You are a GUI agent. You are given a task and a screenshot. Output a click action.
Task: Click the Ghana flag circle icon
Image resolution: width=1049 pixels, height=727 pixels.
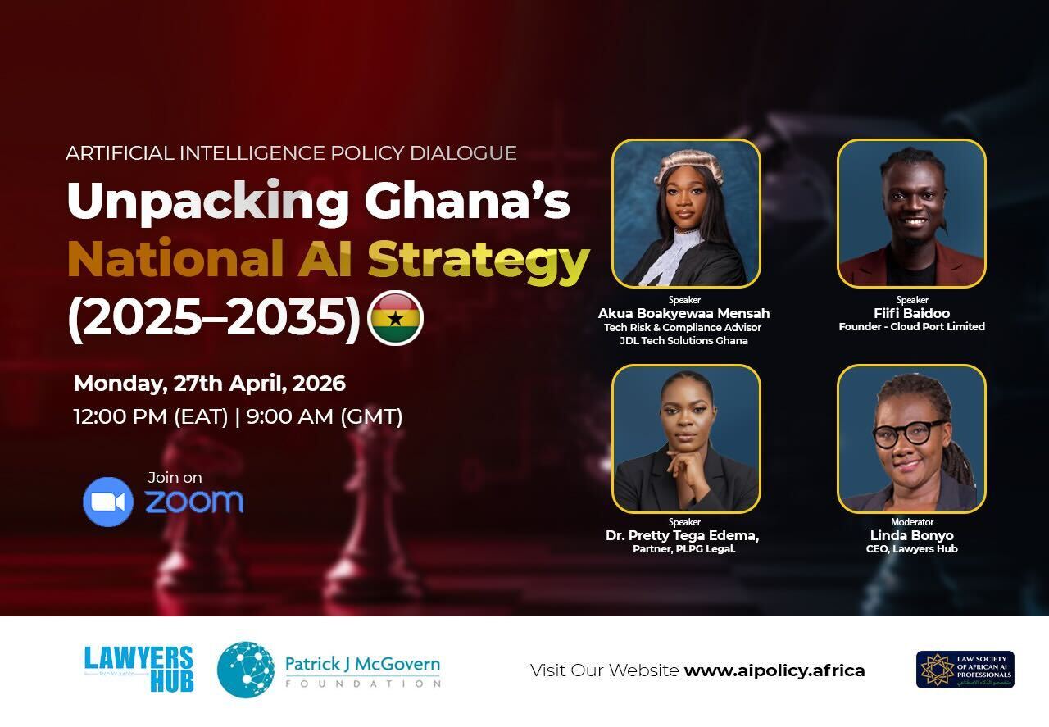pos(396,318)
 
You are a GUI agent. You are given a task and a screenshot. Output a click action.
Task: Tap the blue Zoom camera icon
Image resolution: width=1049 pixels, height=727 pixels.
pos(108,502)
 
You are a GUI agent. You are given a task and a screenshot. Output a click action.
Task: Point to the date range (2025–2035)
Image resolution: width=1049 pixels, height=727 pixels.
pos(214,318)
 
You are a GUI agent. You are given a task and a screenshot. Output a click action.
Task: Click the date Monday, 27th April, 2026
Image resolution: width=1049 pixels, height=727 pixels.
pos(210,383)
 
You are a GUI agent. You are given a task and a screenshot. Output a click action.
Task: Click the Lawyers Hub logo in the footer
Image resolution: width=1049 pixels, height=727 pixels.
pos(139,669)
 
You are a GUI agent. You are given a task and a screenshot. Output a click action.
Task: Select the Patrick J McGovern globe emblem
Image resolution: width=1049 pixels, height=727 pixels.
pos(246,670)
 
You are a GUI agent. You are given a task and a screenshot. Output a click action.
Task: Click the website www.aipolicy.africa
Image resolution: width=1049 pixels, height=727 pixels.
pos(774,670)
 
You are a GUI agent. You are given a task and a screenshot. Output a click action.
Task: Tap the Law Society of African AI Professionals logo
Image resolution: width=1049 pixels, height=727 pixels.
pos(965,670)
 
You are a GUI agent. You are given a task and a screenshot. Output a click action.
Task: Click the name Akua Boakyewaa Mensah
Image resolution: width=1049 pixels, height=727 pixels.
pos(683,313)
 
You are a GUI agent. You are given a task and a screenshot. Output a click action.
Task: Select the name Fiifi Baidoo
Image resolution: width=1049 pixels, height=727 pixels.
pos(911,313)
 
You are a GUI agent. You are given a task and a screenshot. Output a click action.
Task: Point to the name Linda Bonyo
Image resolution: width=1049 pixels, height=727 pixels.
pos(911,535)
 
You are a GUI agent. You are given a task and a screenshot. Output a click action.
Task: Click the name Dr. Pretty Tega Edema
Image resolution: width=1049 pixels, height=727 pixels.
pos(682,535)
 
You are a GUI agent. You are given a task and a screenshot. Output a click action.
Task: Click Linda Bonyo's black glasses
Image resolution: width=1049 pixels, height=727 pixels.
pos(909,432)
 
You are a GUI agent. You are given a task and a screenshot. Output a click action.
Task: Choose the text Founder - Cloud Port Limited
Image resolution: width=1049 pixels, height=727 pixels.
pos(911,326)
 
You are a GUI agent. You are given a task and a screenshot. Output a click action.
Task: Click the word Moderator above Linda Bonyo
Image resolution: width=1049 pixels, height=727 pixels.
pos(911,522)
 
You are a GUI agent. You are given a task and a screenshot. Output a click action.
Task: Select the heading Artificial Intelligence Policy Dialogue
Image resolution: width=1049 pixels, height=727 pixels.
pos(291,153)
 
